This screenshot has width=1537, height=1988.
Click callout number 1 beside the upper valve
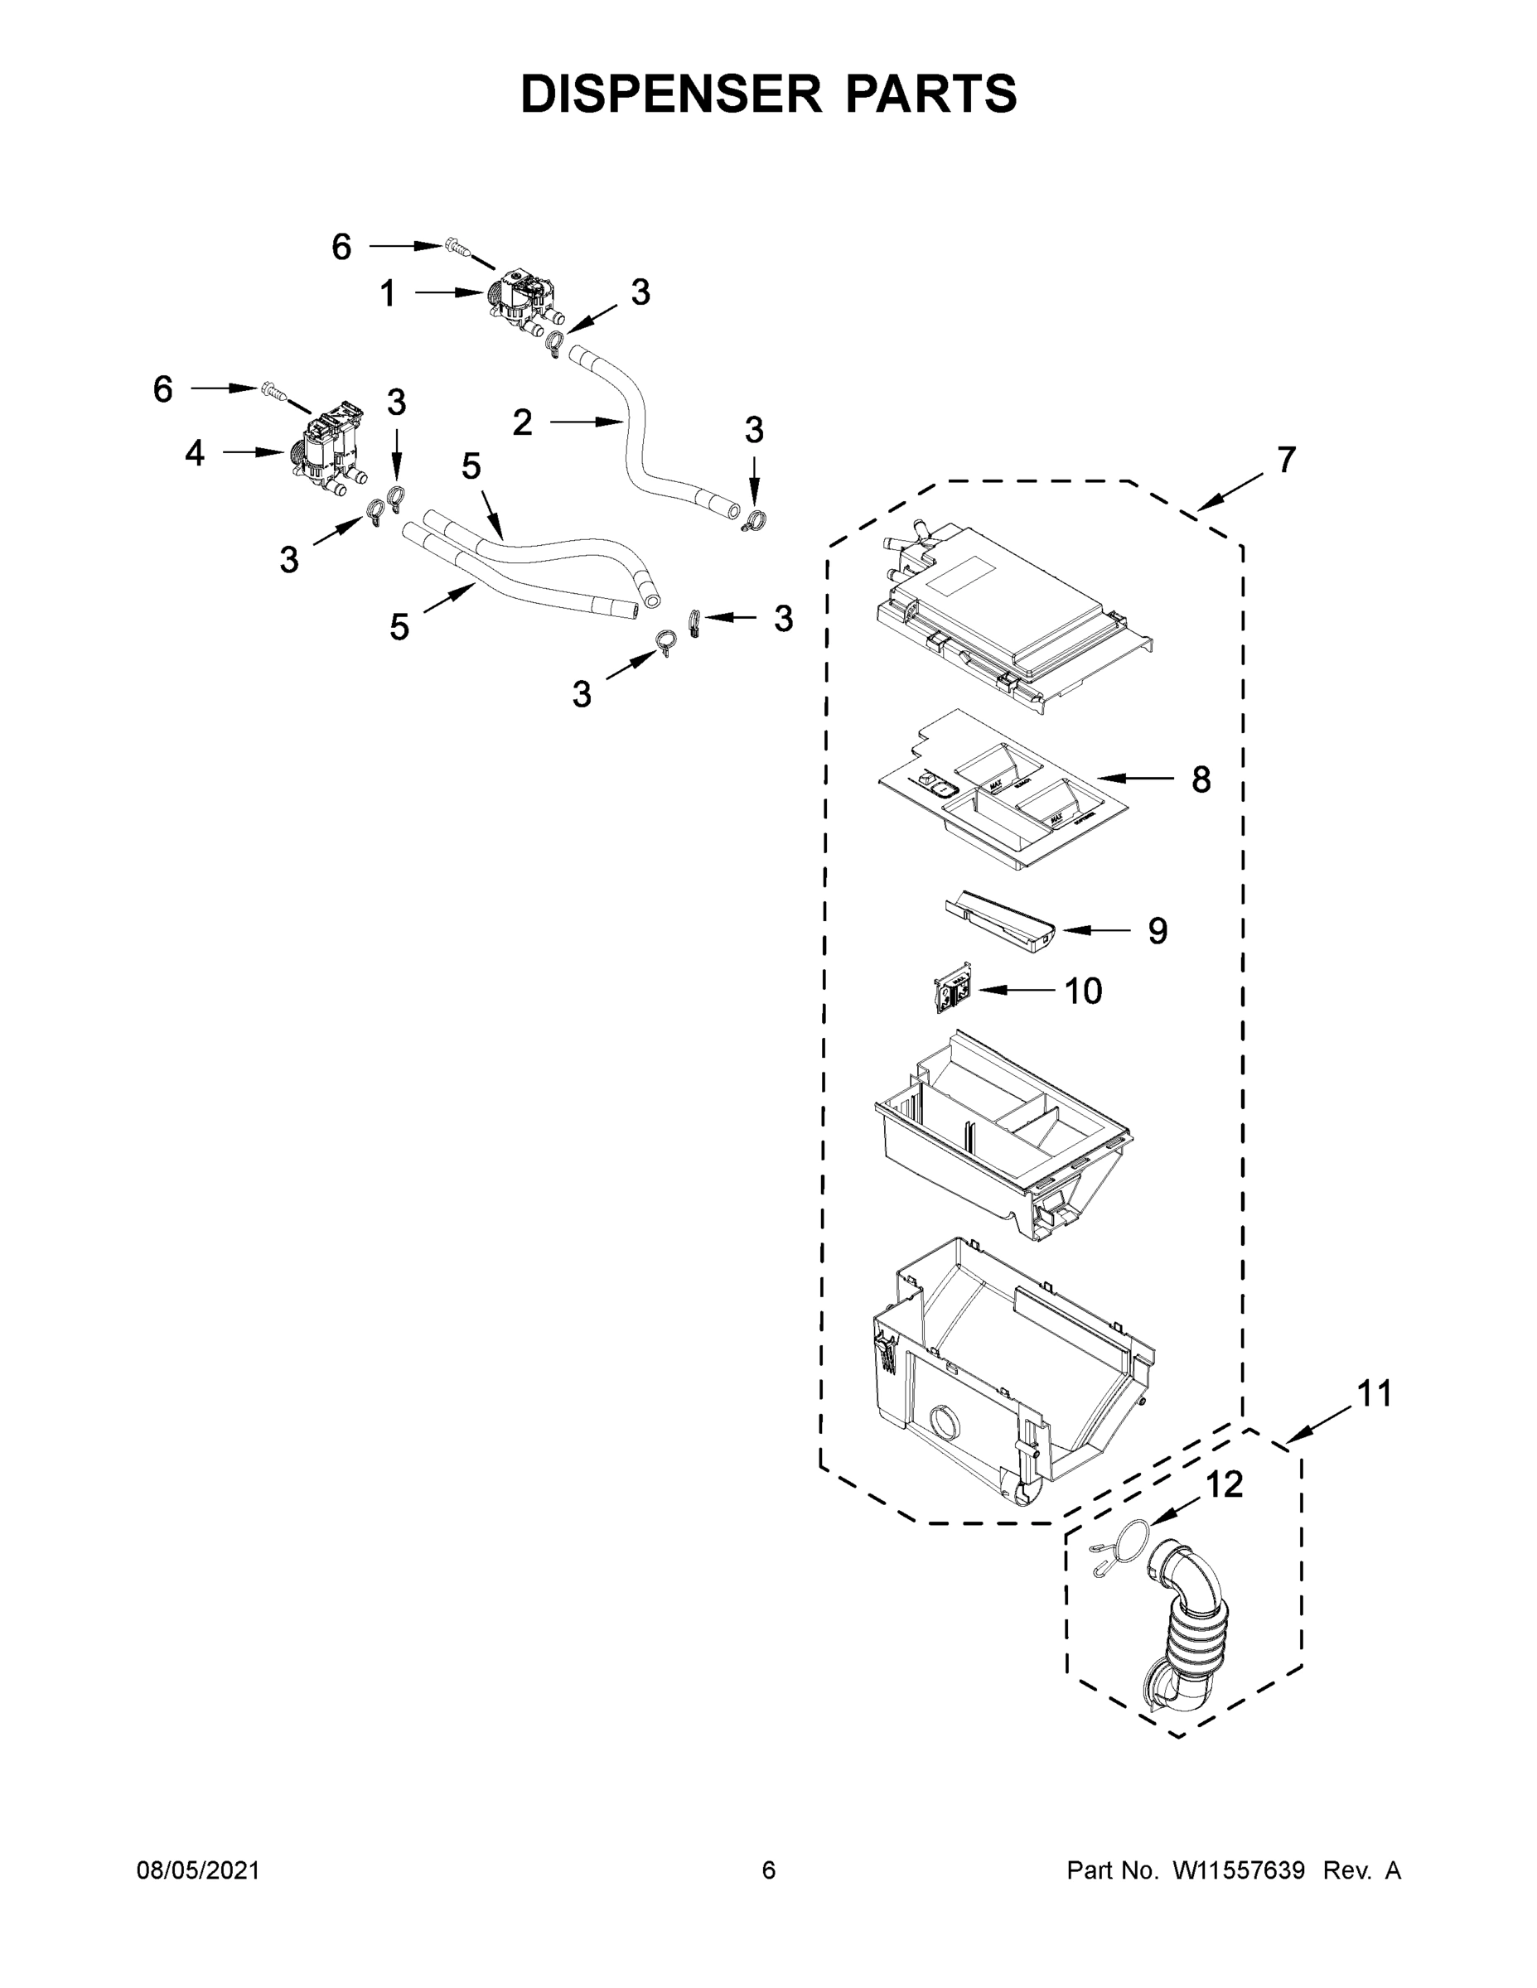(388, 294)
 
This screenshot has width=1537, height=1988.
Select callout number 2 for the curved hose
(522, 422)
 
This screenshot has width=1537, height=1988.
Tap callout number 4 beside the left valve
(195, 452)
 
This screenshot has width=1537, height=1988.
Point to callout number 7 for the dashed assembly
(1285, 461)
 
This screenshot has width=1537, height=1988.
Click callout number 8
(1201, 779)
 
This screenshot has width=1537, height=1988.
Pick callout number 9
(1157, 930)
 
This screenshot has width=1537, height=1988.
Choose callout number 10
(1084, 991)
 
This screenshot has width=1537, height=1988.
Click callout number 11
(1374, 1419)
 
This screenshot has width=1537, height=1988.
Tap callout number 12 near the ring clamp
(1224, 1484)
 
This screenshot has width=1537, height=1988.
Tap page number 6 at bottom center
(769, 1870)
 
